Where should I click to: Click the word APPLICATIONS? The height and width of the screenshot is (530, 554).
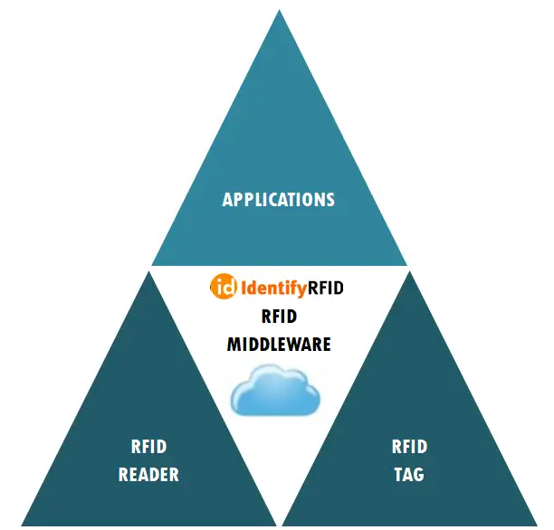[x=278, y=199]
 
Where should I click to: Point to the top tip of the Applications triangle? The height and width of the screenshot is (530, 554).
[x=279, y=11]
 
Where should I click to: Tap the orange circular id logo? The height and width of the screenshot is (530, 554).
[x=224, y=288]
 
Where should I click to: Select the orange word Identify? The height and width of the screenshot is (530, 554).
[x=273, y=289]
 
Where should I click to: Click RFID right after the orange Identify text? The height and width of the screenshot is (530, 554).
[x=326, y=289]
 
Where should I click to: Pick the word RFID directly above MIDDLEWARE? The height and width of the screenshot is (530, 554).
[x=279, y=316]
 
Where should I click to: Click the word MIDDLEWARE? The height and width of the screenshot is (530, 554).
[x=278, y=344]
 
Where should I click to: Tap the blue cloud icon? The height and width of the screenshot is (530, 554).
[x=275, y=390]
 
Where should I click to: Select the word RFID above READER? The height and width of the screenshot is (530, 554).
[x=148, y=447]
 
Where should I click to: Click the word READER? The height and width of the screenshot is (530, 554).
[x=148, y=474]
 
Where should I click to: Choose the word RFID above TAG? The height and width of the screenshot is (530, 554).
[x=409, y=447]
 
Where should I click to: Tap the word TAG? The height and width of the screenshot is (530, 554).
[x=409, y=474]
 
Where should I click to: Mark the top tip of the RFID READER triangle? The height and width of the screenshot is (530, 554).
[x=148, y=271]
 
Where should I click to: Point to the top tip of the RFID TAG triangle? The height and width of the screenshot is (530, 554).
[x=409, y=271]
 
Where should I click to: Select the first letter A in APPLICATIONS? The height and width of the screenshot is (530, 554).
[x=228, y=199]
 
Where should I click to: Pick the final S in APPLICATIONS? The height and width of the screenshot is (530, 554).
[x=330, y=199]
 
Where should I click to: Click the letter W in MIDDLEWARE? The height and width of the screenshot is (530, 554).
[x=295, y=344]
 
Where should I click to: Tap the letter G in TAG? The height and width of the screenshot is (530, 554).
[x=419, y=474]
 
